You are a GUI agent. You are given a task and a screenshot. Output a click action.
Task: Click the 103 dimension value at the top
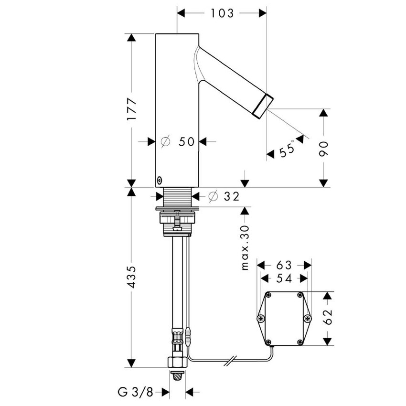tap(221, 13)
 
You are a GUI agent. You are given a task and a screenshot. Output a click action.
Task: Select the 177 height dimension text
tap(132, 109)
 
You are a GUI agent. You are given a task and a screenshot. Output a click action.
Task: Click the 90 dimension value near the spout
tap(324, 148)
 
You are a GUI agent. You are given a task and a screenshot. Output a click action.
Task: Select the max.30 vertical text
tap(246, 247)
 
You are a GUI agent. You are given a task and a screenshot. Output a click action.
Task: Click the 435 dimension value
tap(132, 278)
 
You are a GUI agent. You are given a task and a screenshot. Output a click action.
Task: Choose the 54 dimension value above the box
tap(284, 278)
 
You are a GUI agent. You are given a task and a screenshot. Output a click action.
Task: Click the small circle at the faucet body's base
tap(159, 181)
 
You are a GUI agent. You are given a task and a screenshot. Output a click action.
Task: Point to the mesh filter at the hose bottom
tap(177, 377)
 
